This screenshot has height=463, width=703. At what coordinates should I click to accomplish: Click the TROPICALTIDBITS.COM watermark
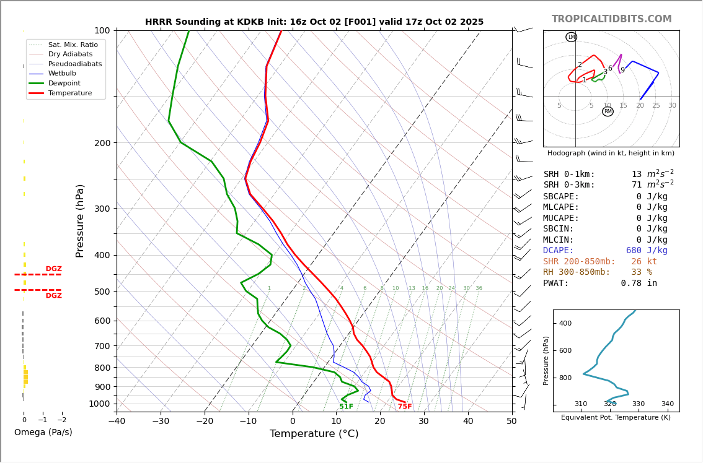click(611, 19)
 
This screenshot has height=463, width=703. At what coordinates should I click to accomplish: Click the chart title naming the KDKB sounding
click(314, 22)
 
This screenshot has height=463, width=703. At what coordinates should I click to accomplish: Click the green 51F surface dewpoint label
click(346, 407)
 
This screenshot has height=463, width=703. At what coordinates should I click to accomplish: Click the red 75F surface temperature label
click(405, 407)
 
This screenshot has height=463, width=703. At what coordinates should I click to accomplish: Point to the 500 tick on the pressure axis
click(102, 292)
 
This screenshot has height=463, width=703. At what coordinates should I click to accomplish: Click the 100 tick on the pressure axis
click(102, 30)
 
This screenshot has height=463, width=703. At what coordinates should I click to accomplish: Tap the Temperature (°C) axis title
click(314, 434)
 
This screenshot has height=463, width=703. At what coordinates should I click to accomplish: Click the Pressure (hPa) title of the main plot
click(80, 220)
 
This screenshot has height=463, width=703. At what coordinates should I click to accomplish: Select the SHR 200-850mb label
click(579, 262)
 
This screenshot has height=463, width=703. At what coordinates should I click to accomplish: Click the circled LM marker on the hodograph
click(571, 37)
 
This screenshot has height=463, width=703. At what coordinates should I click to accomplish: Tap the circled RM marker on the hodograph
click(608, 111)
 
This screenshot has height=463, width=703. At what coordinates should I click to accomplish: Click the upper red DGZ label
click(53, 269)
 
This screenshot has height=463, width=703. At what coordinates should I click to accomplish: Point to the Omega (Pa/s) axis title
click(43, 432)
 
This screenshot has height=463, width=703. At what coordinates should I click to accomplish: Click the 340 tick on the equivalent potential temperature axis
click(667, 404)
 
